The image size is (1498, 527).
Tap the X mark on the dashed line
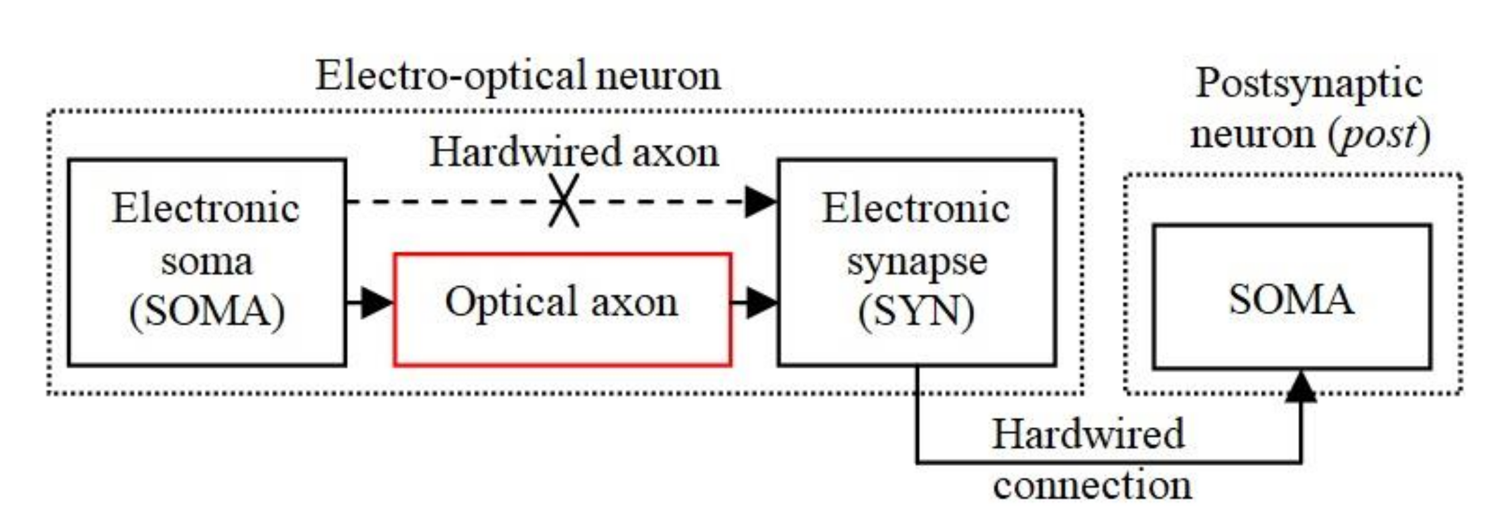click(x=564, y=200)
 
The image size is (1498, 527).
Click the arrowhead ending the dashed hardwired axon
click(x=761, y=201)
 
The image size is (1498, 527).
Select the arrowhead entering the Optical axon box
click(x=377, y=302)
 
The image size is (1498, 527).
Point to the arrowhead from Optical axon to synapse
click(x=761, y=302)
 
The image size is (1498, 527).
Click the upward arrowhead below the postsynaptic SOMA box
click(x=1300, y=387)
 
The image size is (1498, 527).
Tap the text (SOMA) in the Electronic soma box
click(x=206, y=312)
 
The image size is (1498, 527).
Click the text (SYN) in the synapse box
click(x=916, y=312)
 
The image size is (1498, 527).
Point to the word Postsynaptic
click(x=1308, y=84)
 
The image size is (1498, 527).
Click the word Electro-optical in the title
click(x=450, y=75)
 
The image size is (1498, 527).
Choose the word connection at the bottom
click(x=1092, y=485)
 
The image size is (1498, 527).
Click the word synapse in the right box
click(x=916, y=261)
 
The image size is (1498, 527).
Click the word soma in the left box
click(x=206, y=261)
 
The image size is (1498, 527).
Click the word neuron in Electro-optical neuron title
click(x=658, y=75)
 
